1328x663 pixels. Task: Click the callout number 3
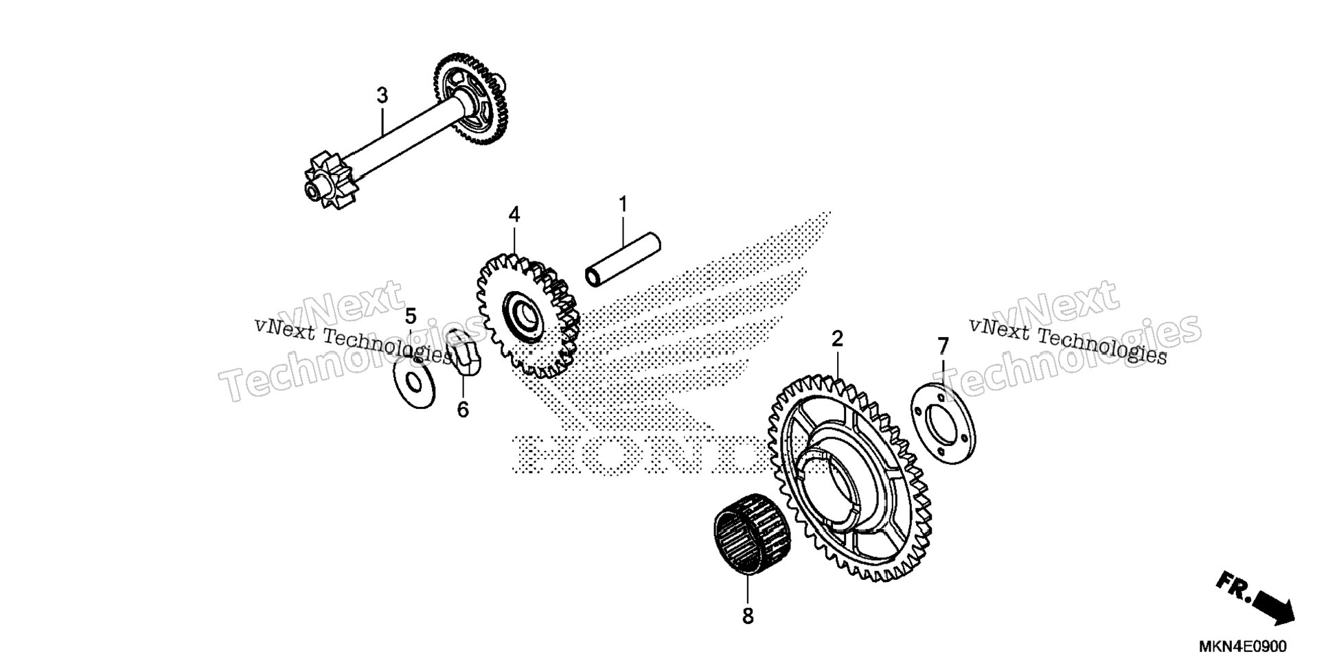click(x=382, y=96)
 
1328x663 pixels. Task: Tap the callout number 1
click(x=623, y=205)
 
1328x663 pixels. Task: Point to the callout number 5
click(x=411, y=317)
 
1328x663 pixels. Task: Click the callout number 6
click(x=463, y=410)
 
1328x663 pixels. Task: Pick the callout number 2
click(x=837, y=338)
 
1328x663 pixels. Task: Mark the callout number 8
click(x=748, y=616)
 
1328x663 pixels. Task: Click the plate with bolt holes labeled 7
click(x=943, y=422)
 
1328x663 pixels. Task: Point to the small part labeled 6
click(x=465, y=352)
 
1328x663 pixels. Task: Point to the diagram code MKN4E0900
click(x=1244, y=647)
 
